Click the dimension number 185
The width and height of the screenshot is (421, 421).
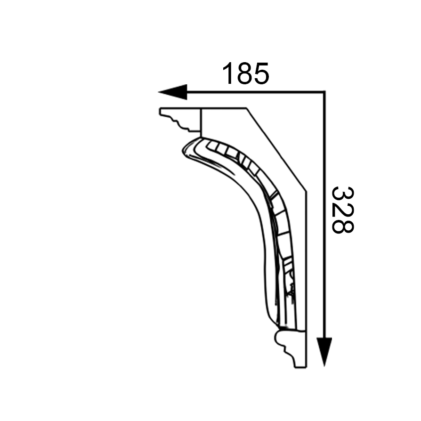click(245, 73)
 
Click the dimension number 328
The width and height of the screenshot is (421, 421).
click(343, 210)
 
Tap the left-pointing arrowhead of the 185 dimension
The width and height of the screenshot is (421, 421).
click(172, 92)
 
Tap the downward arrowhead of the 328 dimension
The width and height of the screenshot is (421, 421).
click(324, 352)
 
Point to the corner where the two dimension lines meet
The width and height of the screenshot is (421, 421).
click(324, 92)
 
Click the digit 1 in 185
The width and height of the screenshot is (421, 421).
click(227, 73)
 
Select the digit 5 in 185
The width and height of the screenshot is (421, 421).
click(261, 73)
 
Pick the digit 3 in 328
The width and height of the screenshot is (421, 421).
click(343, 194)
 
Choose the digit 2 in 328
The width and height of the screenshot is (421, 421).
click(343, 210)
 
